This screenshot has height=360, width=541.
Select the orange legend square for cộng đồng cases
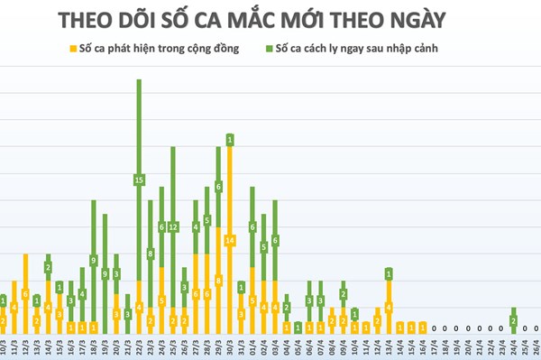coord(70,49)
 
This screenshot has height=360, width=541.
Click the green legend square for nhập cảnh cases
coord(270,49)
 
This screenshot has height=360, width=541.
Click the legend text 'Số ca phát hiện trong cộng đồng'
coord(159,49)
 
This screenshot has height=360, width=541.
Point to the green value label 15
coord(139,180)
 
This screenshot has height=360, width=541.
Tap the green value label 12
coord(173,226)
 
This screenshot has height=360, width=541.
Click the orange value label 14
coord(230,241)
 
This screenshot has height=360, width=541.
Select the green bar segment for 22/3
coord(139,180)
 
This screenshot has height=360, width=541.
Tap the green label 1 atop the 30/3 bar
coord(230,140)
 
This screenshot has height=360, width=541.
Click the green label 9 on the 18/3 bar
coord(94,260)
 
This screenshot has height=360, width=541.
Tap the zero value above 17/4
coord(434,329)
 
